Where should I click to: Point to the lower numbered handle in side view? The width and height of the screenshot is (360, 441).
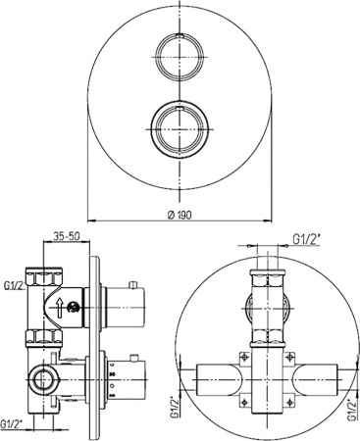tap(124, 375)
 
